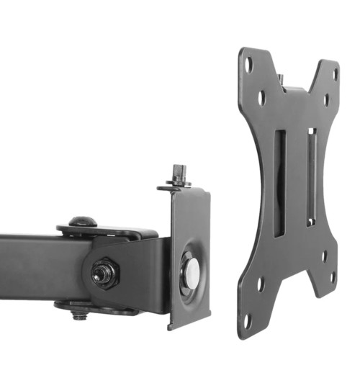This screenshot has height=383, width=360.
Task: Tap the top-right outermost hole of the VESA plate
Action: [x=334, y=73]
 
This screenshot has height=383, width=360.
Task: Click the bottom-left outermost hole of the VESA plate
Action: [x=247, y=322]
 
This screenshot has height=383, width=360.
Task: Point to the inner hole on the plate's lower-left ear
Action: [x=261, y=286]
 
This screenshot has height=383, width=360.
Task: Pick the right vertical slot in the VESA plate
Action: [x=311, y=176]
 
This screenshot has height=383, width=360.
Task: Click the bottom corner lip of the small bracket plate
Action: [x=173, y=324]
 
